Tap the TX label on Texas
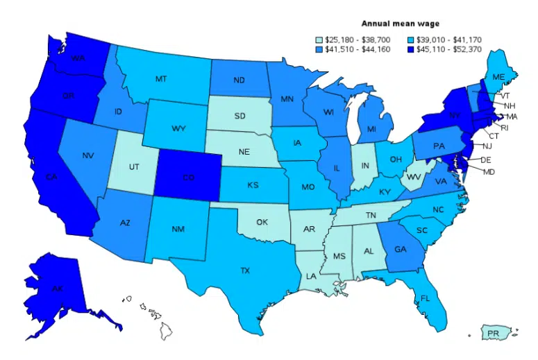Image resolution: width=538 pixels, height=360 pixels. point(244,271)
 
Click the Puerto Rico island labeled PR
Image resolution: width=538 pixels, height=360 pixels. point(493,334)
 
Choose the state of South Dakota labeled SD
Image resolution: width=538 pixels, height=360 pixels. point(240,115)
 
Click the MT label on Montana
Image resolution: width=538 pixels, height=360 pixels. point(160,79)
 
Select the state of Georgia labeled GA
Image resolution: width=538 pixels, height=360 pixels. point(401,250)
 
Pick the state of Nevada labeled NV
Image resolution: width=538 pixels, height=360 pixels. point(87,155)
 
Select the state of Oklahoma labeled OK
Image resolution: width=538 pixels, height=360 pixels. point(262,223)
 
